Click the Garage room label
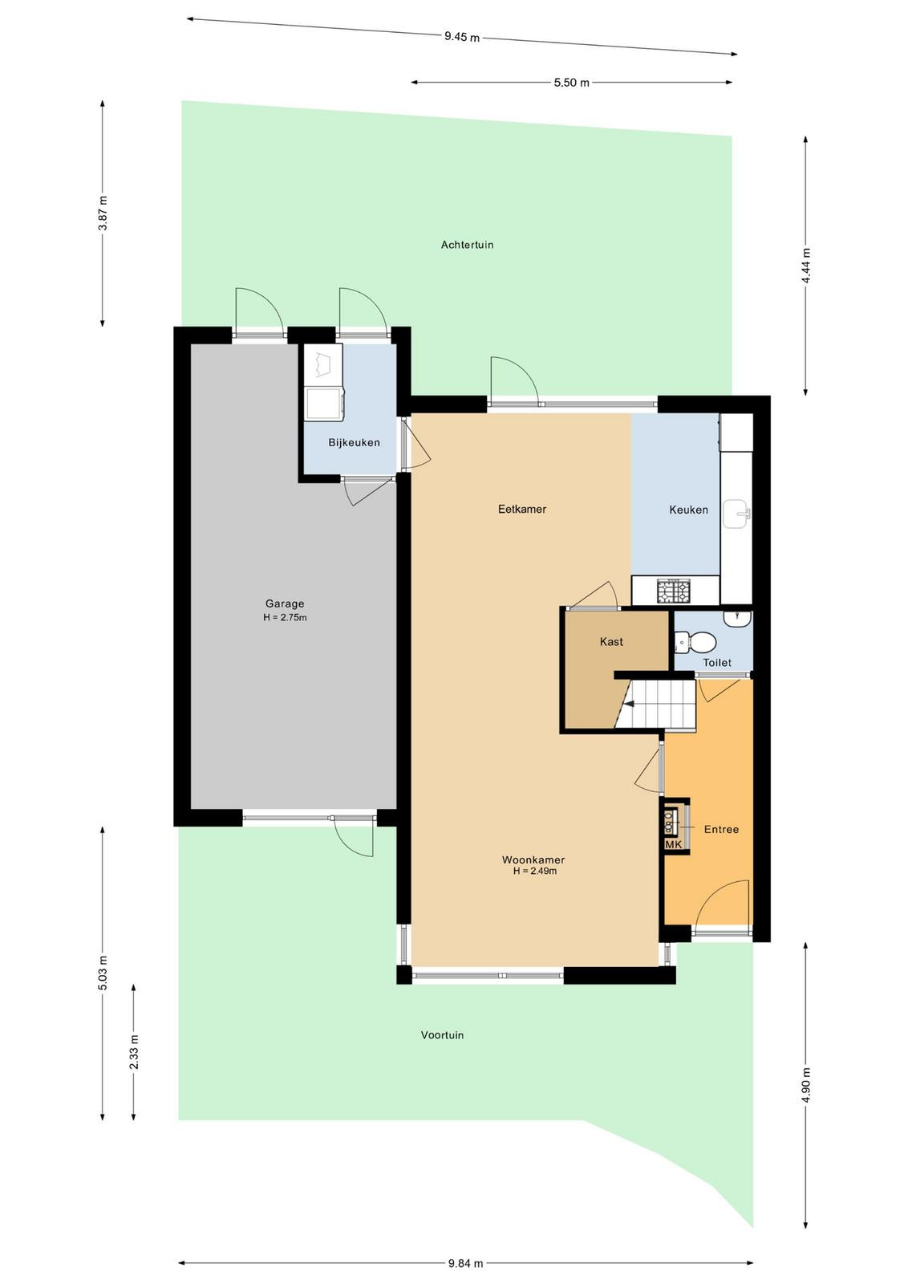point(285,603)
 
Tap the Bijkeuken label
point(354,442)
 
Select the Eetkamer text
point(522,509)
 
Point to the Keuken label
point(688,509)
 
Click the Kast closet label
point(611,641)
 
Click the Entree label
point(721,829)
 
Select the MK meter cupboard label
point(674,844)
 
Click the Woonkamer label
point(533,859)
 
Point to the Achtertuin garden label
point(467,245)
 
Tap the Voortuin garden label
point(442,1034)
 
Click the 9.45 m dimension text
point(462,37)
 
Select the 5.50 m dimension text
point(571,83)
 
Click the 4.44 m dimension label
point(806,266)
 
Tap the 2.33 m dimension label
point(133,1052)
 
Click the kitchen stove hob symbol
point(674,591)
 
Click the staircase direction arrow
point(628,705)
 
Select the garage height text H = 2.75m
point(285,617)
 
